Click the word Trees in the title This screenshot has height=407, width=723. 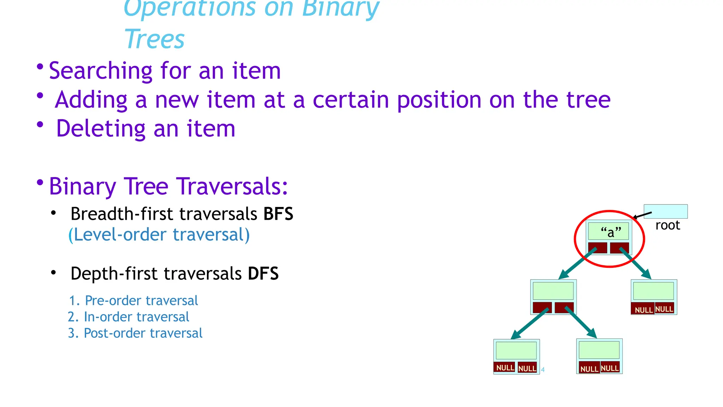tap(154, 39)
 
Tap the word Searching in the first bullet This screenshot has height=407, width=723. tap(100, 71)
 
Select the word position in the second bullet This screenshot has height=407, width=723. tap(439, 100)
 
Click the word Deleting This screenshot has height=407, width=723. tap(101, 129)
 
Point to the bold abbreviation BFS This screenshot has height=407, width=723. tap(278, 214)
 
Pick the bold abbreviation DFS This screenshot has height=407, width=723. tap(263, 274)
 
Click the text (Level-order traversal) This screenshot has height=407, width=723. tap(159, 235)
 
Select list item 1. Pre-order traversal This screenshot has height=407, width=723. tap(133, 301)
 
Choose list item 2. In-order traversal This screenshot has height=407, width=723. tap(129, 317)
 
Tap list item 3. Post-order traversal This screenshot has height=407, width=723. tap(135, 333)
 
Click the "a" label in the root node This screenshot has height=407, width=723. tap(611, 232)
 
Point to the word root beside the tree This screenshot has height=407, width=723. tap(667, 225)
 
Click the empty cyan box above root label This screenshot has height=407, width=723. tap(665, 211)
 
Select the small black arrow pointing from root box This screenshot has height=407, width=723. tap(642, 215)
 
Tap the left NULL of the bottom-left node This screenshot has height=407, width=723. tap(505, 368)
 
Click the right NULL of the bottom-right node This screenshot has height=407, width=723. tap(610, 368)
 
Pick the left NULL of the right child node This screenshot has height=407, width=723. tap(643, 310)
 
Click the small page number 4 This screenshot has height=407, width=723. tap(543, 370)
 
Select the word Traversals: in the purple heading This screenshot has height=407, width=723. tap(232, 187)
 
